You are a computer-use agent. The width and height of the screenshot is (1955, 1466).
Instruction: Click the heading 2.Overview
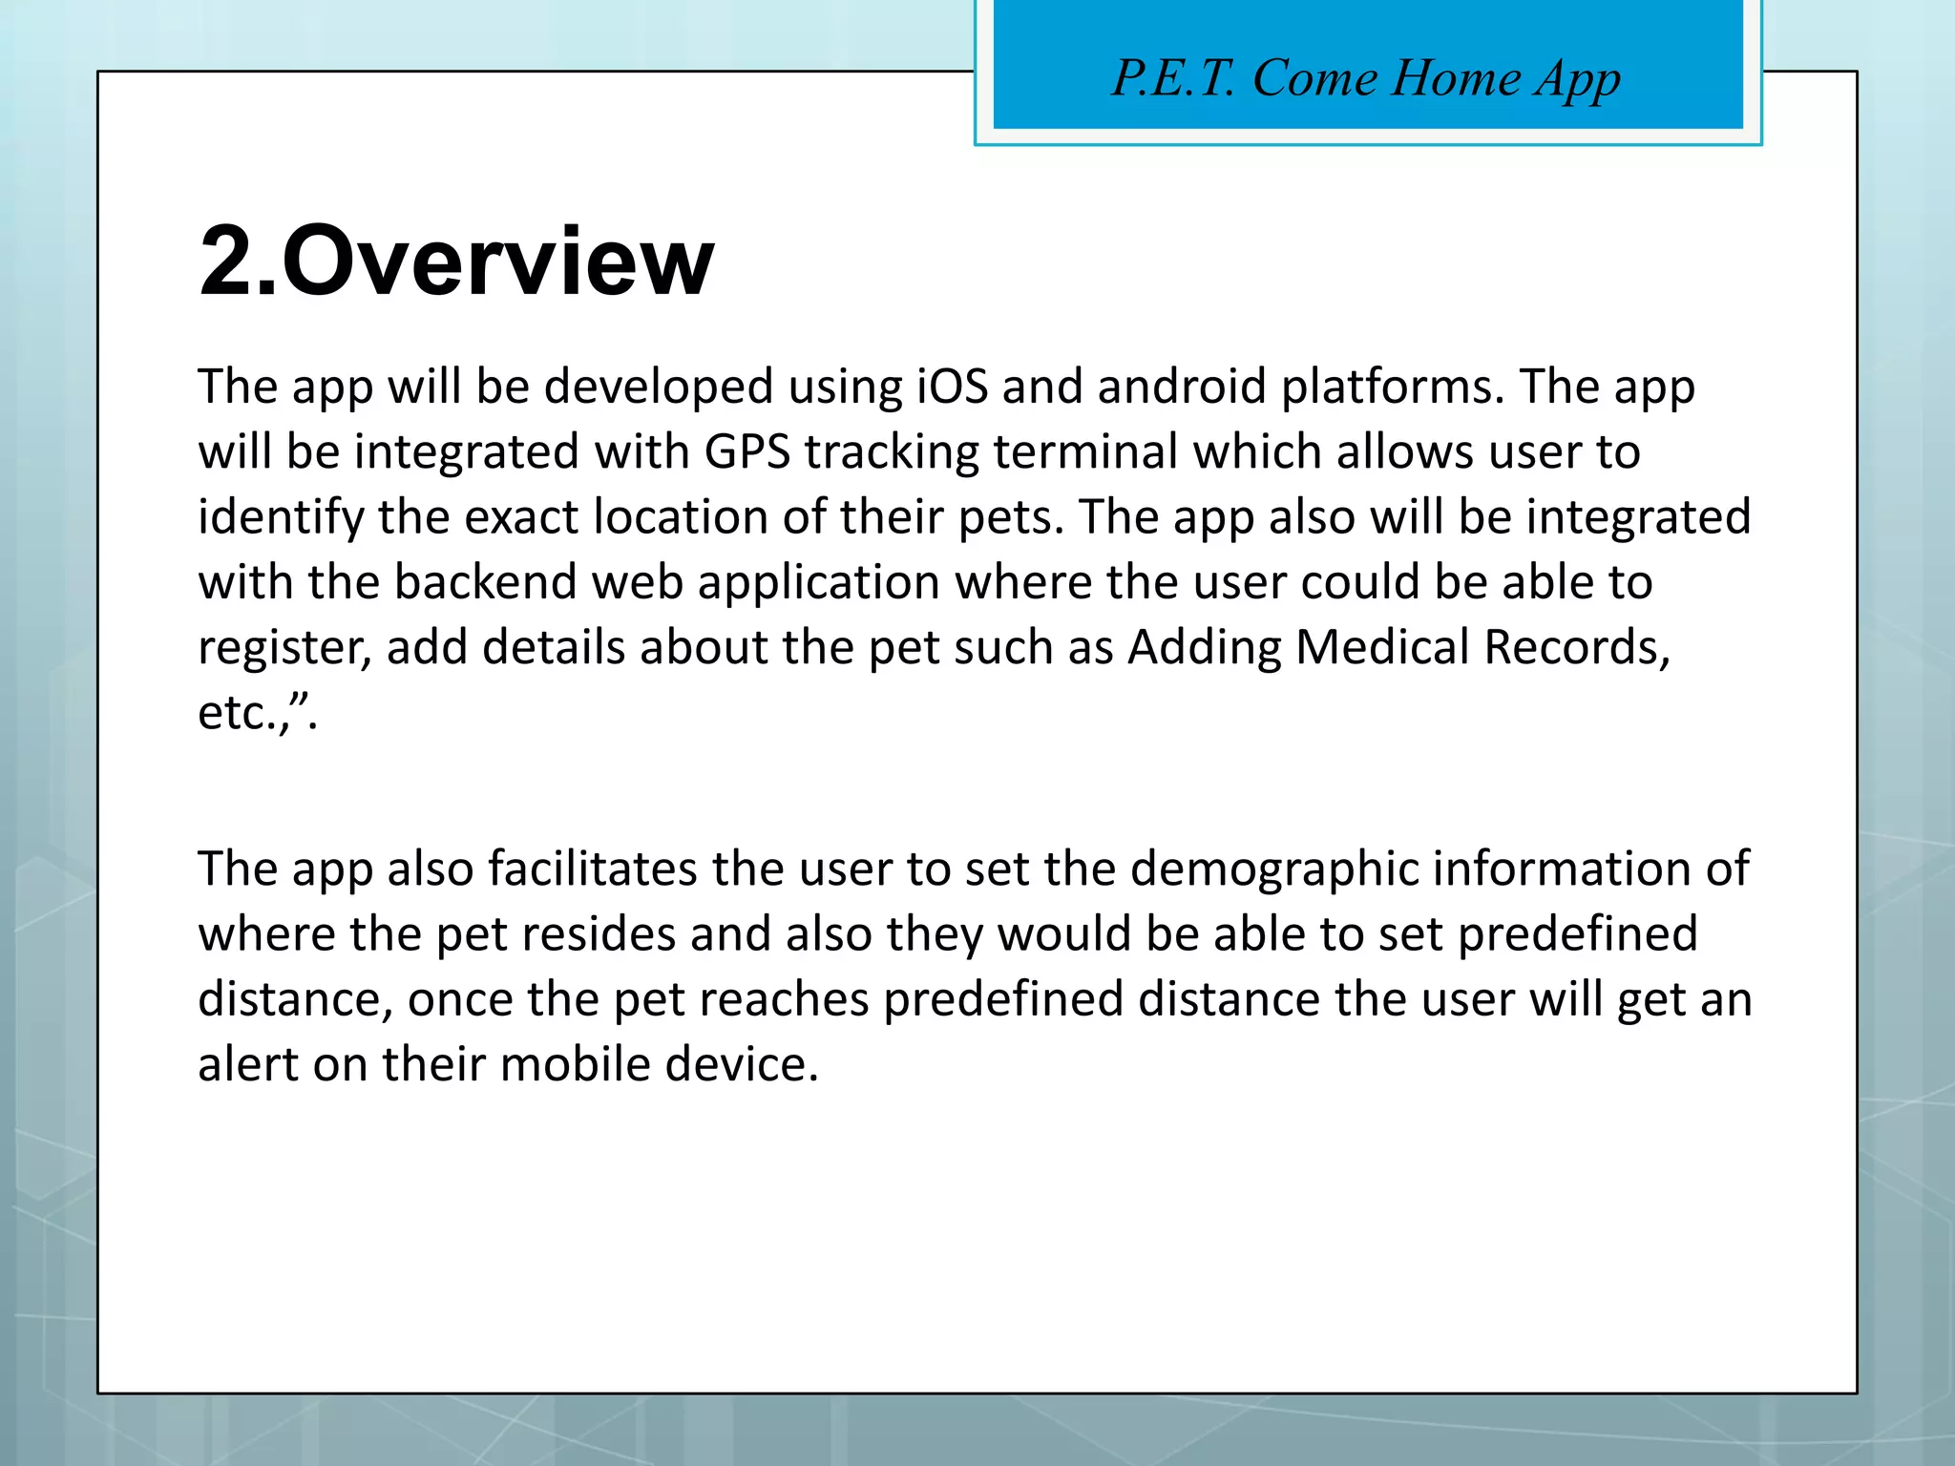tap(456, 262)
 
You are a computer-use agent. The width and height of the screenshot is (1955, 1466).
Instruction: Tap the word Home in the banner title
tap(1455, 78)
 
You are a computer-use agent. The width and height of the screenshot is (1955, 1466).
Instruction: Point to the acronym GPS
tap(746, 452)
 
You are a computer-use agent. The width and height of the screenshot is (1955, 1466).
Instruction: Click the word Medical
tap(1381, 648)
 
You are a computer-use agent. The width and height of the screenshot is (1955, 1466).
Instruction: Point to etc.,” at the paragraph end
tap(257, 714)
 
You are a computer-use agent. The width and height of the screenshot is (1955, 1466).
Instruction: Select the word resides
tap(557, 934)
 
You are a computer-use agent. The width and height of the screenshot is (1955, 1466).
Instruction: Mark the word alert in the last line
tap(247, 1065)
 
